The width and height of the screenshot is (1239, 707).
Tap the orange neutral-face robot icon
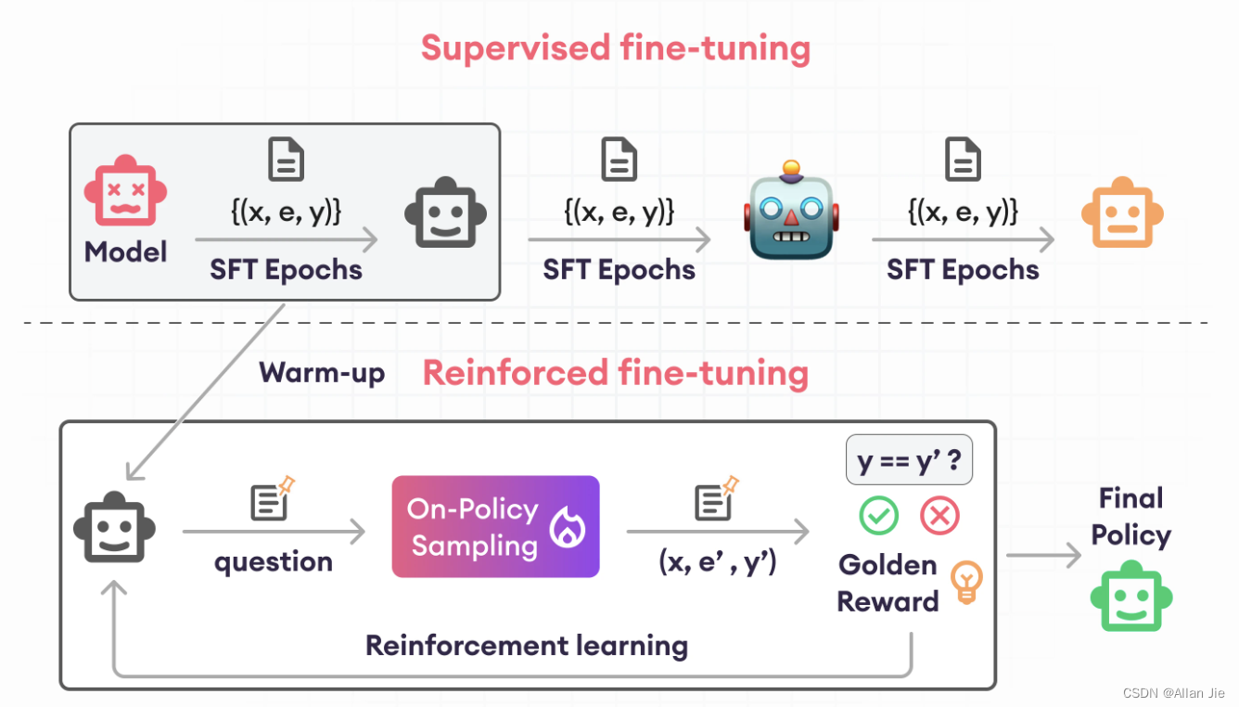pos(1122,212)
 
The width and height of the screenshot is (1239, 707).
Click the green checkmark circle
pos(878,516)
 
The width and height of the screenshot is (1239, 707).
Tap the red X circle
pos(939,516)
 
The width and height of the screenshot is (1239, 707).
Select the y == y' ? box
pos(909,460)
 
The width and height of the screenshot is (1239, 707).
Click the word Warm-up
pos(322,373)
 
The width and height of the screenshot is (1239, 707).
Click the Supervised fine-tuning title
pos(616,48)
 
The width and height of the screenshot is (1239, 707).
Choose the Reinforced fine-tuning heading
pos(616,373)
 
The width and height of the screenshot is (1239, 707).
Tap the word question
pos(273,562)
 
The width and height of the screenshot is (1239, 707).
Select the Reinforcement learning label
pos(527,646)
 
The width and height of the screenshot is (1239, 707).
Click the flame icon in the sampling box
pos(567,527)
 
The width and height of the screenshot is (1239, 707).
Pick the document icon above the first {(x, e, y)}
pos(286,160)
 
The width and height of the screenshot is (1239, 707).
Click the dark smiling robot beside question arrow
pos(114,526)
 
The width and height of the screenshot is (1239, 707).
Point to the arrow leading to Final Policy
pos(1043,556)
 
